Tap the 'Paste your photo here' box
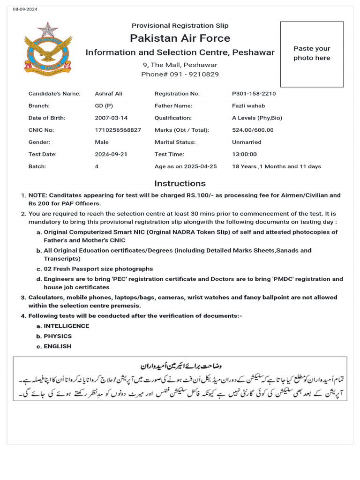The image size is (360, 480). point(312,53)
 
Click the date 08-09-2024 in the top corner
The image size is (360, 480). point(25,9)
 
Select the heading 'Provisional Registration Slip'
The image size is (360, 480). point(180,26)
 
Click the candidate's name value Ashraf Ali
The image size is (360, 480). point(109,94)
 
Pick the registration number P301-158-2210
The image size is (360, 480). point(254,94)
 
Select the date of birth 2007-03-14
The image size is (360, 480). point(111,118)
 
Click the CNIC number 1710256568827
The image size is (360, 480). point(118,130)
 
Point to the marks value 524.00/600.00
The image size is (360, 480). point(253,130)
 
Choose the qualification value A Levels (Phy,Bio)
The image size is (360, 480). point(257,118)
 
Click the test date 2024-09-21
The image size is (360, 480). point(111,154)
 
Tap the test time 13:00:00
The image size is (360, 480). point(244,154)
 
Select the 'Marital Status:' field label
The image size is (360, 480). point(175,142)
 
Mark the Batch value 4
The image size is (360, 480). point(97,166)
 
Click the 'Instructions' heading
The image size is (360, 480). point(180,183)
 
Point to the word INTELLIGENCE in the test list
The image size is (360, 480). point(67,326)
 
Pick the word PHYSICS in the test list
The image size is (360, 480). point(58,336)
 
